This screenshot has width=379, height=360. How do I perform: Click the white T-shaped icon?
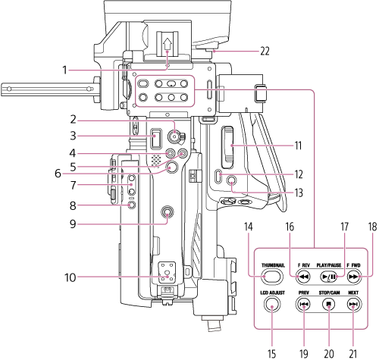212,323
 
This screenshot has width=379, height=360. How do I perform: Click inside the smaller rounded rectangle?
165,91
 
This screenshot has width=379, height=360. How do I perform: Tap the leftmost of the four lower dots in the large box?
272,307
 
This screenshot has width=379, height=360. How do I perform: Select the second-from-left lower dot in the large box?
304,307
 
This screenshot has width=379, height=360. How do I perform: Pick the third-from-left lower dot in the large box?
329,307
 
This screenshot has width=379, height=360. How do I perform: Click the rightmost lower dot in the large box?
353,307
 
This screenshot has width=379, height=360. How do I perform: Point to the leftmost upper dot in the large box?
264,277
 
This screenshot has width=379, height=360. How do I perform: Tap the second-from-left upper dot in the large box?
296,277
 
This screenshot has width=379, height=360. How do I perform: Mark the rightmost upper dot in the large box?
360,277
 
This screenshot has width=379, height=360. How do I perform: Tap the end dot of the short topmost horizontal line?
215,52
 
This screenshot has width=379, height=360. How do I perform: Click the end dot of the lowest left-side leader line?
168,277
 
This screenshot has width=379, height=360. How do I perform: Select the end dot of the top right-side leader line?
232,146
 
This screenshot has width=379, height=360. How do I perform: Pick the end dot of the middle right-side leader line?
221,174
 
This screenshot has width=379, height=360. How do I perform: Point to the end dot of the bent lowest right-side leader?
231,183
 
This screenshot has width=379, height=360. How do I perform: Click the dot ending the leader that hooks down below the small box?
175,132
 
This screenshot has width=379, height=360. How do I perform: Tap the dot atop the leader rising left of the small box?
167,52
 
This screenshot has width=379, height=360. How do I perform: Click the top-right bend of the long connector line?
312,92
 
